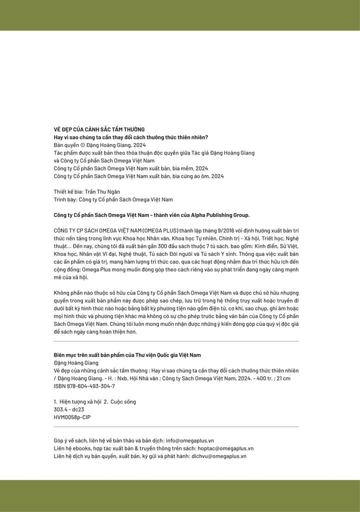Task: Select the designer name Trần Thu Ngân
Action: (x=105, y=191)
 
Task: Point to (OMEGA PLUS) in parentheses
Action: (x=159, y=230)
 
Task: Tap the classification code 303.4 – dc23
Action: (x=65, y=409)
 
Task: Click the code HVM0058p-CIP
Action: (x=72, y=417)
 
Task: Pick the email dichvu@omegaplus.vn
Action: (x=218, y=456)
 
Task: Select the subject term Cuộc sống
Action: (x=123, y=401)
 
